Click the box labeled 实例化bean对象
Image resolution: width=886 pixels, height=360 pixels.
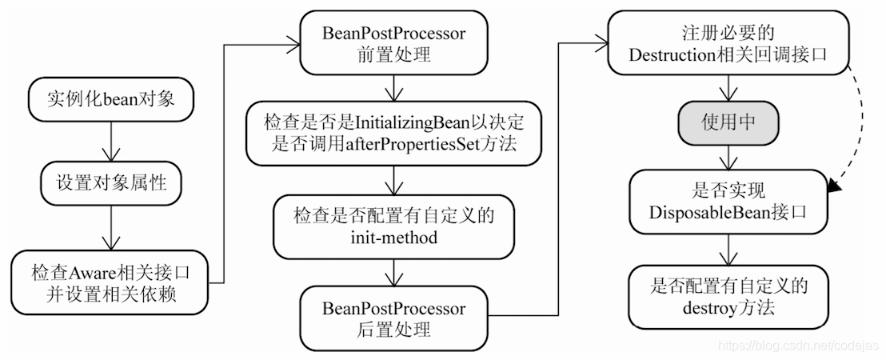(x=110, y=101)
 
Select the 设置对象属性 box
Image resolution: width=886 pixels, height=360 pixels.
(x=110, y=184)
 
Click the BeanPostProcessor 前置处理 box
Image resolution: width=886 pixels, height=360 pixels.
(x=393, y=46)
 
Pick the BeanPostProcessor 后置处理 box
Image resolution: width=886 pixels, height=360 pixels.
(x=393, y=318)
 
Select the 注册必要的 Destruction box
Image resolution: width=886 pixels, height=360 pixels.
(x=726, y=46)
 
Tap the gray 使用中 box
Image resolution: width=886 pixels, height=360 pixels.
(x=726, y=122)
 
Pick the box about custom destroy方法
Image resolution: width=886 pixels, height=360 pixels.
(x=726, y=295)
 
